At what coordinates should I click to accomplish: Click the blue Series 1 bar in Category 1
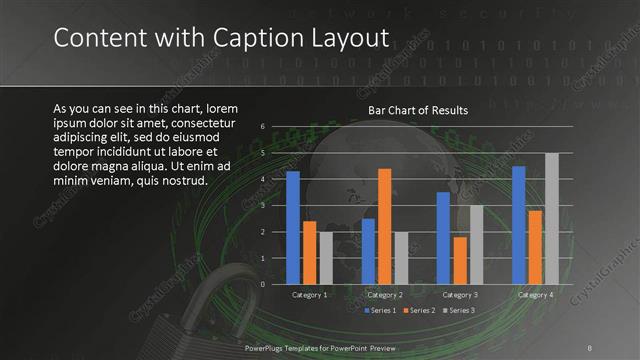pyautogui.click(x=293, y=227)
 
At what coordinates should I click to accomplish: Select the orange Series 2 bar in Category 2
pyautogui.click(x=384, y=226)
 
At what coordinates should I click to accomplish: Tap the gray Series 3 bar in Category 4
pyautogui.click(x=551, y=218)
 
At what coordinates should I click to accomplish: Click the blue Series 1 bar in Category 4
pyautogui.click(x=519, y=225)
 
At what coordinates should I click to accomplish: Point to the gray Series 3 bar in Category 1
pyautogui.click(x=325, y=258)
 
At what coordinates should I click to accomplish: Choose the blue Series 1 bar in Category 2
pyautogui.click(x=368, y=251)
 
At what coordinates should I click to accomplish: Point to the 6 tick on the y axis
pyautogui.click(x=261, y=127)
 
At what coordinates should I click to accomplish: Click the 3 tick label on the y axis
pyautogui.click(x=261, y=205)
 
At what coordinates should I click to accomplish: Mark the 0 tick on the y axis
pyautogui.click(x=261, y=284)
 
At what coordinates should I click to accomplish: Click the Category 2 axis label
pyautogui.click(x=385, y=295)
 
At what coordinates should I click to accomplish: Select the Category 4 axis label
pyautogui.click(x=536, y=295)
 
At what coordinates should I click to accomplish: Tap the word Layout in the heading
pyautogui.click(x=346, y=38)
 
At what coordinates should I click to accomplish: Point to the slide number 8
pyautogui.click(x=589, y=346)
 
